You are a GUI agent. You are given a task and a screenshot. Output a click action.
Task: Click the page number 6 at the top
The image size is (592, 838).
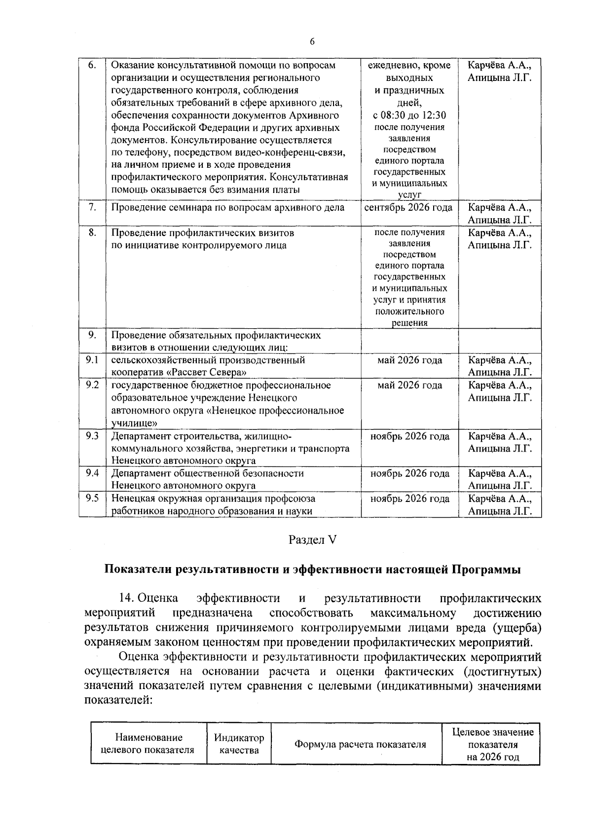click(x=312, y=41)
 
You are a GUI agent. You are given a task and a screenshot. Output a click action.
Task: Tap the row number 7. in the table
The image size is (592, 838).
click(x=92, y=207)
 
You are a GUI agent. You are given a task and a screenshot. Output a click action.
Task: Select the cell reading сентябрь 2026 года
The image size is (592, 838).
click(x=408, y=207)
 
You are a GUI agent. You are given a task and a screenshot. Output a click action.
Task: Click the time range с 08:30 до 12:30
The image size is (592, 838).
click(x=409, y=115)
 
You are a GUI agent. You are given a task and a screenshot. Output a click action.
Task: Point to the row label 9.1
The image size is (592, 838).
click(x=92, y=360)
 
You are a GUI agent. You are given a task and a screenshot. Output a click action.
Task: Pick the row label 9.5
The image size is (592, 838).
click(x=92, y=498)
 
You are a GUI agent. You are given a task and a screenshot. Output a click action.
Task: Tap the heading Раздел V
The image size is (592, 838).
click(x=312, y=540)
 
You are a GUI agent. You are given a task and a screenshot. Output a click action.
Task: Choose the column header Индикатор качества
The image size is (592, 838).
click(x=239, y=744)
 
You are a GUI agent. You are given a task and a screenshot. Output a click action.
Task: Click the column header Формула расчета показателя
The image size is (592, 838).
click(x=360, y=745)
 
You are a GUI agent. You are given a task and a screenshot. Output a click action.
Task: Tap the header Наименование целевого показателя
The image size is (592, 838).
click(x=148, y=744)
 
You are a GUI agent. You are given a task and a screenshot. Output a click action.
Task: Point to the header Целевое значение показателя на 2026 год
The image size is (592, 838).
click(x=493, y=744)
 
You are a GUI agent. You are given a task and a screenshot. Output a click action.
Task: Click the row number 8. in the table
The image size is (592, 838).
click(x=92, y=232)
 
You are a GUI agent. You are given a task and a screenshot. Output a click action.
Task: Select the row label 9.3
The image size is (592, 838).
click(x=92, y=436)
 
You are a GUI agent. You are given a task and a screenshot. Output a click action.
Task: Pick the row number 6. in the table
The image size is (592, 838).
click(x=92, y=66)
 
